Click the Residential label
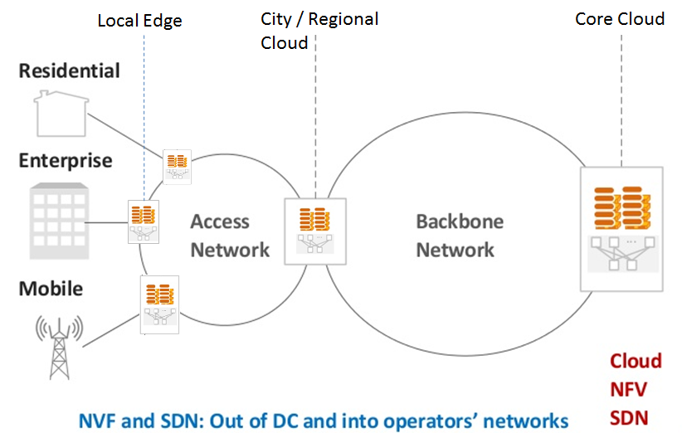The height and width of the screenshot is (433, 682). (70, 71)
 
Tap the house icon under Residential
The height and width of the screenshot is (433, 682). (61, 114)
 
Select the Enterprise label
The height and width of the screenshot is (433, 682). (66, 159)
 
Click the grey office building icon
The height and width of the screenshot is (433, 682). (60, 221)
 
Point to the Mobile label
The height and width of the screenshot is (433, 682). (51, 289)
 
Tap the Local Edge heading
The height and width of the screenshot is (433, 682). (139, 21)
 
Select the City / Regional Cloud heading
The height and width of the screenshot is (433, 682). (319, 30)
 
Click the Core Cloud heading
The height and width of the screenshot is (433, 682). (620, 18)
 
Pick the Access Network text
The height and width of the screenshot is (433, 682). (230, 236)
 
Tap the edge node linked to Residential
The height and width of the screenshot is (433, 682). (177, 166)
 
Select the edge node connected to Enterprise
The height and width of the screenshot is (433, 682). (143, 221)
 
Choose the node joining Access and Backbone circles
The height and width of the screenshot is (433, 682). (314, 231)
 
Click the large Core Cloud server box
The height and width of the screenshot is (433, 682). (621, 228)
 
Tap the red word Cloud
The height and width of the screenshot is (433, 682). (636, 361)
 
